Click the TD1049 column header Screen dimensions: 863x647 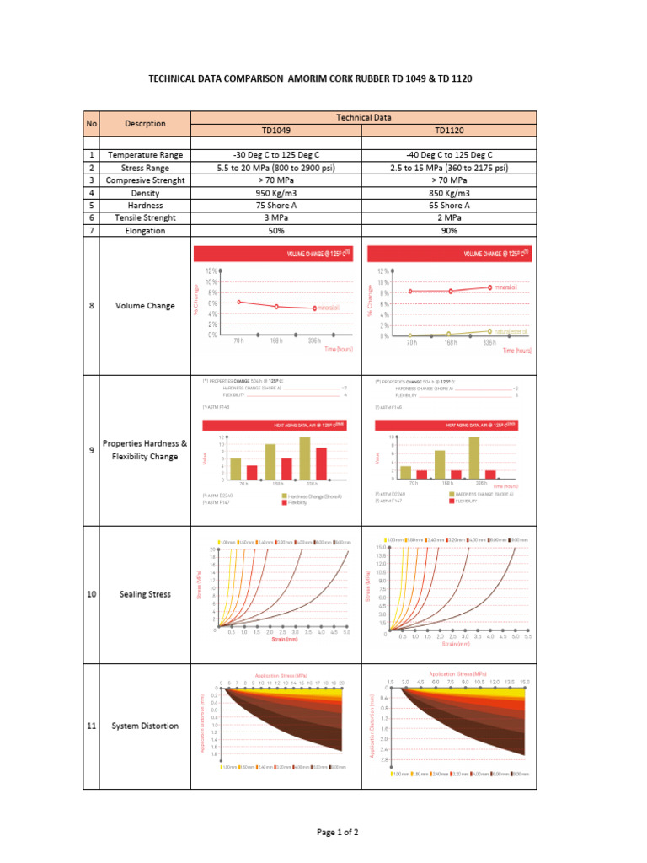[x=276, y=131]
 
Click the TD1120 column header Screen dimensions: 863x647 [x=449, y=131]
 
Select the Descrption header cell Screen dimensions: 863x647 [x=146, y=123]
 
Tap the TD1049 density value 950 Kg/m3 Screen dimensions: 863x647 [x=276, y=193]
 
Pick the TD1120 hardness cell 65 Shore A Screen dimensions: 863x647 [x=449, y=205]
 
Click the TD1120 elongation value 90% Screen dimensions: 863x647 [x=449, y=230]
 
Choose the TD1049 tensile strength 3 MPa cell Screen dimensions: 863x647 [x=276, y=217]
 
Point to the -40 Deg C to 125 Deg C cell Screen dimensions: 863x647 [x=449, y=155]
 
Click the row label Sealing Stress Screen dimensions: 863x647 [x=146, y=594]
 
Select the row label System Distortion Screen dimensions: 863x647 [x=146, y=726]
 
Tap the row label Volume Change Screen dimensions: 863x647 [x=146, y=306]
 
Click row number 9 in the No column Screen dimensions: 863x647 [x=91, y=451]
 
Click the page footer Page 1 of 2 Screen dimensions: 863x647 [x=337, y=832]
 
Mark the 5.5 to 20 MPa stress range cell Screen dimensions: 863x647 [x=276, y=168]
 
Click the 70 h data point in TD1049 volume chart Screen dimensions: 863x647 [x=239, y=302]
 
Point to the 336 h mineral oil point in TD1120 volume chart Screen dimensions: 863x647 [x=490, y=287]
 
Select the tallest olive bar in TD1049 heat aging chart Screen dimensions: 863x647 [x=304, y=458]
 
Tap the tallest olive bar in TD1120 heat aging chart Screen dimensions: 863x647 [x=474, y=458]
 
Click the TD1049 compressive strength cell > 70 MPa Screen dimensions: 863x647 [x=276, y=180]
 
